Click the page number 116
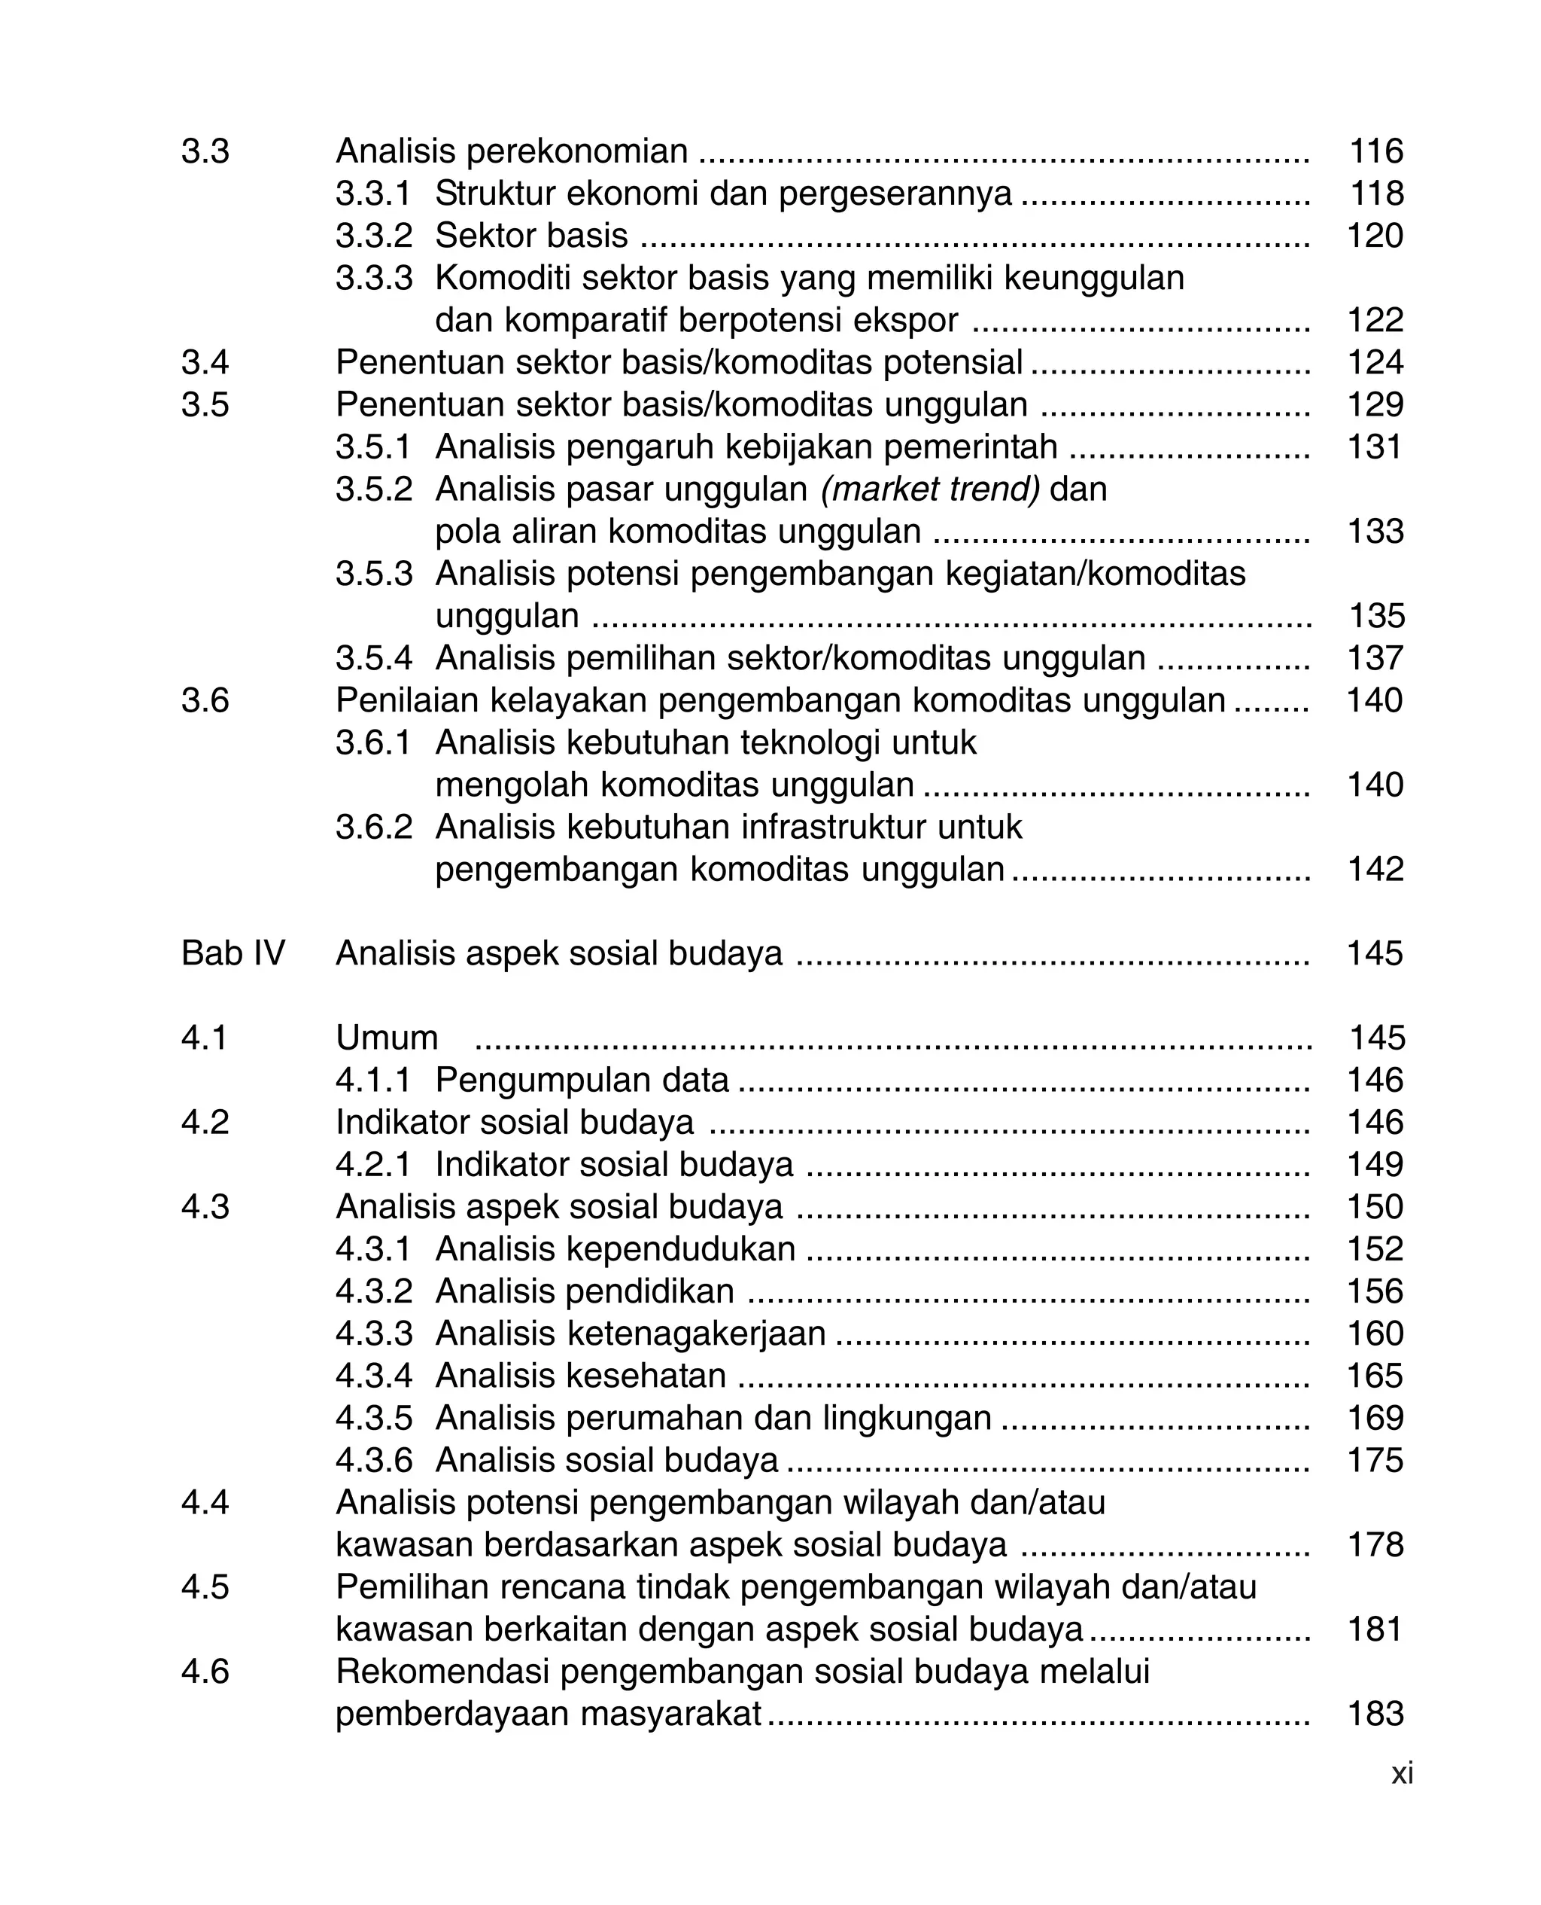click(x=1376, y=151)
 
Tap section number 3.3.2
click(x=374, y=236)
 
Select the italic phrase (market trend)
click(x=929, y=489)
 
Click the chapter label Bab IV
click(x=233, y=953)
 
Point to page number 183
click(x=1375, y=1713)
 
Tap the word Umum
click(x=387, y=1038)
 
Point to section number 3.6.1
click(x=374, y=742)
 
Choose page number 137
click(x=1375, y=658)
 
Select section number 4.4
click(x=205, y=1503)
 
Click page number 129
click(x=1375, y=404)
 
